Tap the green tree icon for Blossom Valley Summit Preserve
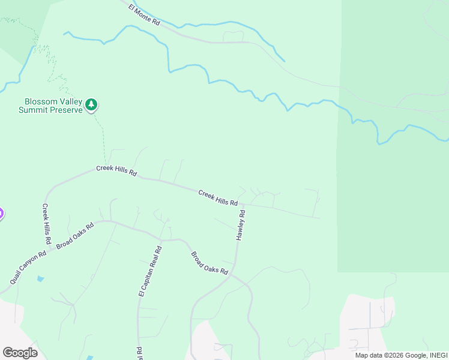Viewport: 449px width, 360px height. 91,105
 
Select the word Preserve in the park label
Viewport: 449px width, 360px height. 67,110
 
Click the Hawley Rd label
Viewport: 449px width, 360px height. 241,226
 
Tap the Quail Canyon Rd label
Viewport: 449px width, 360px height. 28,268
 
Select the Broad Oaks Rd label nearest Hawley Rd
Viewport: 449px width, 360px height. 209,263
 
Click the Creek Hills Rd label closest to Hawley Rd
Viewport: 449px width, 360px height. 218,197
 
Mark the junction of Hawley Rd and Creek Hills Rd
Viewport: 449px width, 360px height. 244,205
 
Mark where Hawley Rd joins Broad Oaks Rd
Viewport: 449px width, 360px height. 235,275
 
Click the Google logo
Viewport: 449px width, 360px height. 20,352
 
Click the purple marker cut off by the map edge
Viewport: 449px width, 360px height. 1,213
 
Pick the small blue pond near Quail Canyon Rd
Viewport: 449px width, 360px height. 40,278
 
